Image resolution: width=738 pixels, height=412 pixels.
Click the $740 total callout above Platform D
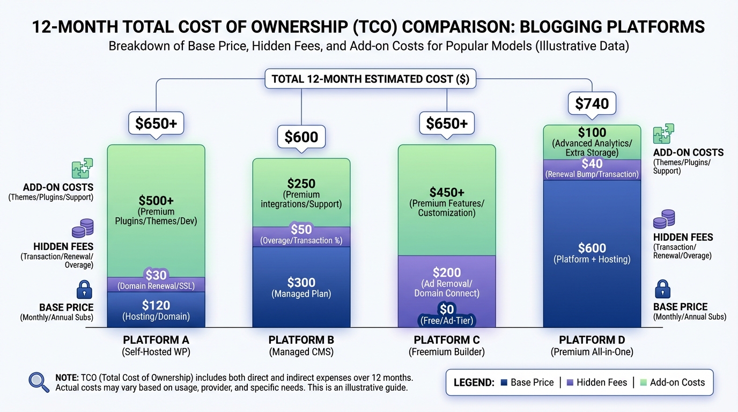coord(592,104)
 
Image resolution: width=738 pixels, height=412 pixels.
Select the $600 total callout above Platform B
coord(301,137)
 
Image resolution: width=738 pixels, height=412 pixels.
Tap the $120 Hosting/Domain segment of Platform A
coord(156,310)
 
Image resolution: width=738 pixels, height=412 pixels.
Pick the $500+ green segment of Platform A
coord(156,209)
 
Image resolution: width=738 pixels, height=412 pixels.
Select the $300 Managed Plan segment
coord(301,287)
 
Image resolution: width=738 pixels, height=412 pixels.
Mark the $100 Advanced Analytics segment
coord(592,142)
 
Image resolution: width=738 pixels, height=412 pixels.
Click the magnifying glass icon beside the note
coord(39,381)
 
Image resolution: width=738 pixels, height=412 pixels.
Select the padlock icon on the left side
coord(84,290)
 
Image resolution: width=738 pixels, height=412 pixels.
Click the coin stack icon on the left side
coord(83,228)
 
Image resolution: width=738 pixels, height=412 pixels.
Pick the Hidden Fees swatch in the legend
coord(570,382)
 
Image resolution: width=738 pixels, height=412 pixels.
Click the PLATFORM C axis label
coord(446,340)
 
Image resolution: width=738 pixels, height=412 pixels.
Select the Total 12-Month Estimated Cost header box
coord(370,79)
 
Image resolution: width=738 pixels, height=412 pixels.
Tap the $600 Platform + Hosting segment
coord(592,252)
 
